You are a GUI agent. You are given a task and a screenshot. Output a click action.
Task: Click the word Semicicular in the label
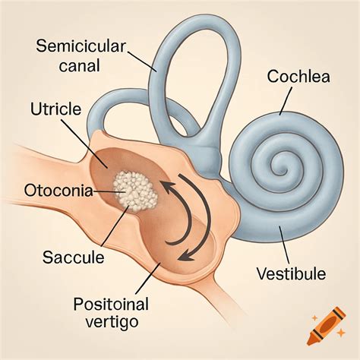click(x=81, y=46)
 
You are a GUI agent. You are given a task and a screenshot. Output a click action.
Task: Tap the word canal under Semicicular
click(x=80, y=66)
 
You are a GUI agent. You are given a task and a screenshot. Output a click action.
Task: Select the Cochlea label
click(x=298, y=77)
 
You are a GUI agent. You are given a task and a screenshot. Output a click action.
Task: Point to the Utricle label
click(x=55, y=109)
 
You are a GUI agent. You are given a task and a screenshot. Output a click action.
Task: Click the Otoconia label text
click(x=58, y=191)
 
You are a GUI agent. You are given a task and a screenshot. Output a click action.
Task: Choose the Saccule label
click(x=74, y=257)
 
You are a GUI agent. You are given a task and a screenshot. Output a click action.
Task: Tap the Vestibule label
click(x=292, y=273)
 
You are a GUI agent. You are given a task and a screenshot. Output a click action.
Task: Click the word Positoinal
click(x=111, y=304)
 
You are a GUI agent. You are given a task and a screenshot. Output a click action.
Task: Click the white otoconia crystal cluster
click(x=135, y=191)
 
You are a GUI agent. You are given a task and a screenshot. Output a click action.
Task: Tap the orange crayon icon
click(x=326, y=326)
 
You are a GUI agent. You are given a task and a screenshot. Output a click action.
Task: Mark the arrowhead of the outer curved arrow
click(x=186, y=256)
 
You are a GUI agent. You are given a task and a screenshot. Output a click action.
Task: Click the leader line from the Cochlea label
click(x=286, y=101)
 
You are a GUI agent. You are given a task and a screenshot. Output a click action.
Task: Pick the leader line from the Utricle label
click(x=84, y=144)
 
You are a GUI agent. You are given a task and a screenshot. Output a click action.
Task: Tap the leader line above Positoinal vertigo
click(x=148, y=279)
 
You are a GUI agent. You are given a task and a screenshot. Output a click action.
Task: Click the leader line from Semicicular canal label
click(x=142, y=62)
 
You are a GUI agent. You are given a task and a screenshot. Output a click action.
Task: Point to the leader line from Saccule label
click(x=115, y=226)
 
